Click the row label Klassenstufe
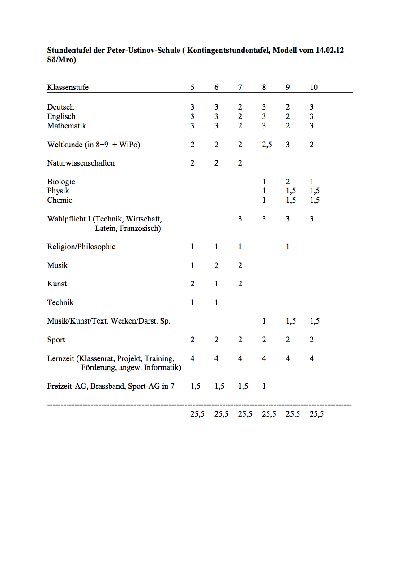tap(68, 88)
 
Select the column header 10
tap(314, 88)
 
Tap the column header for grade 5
tap(192, 88)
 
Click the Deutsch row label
tap(60, 107)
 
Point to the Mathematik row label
tap(67, 126)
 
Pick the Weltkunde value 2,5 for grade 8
tap(266, 145)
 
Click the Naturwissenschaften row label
tap(81, 163)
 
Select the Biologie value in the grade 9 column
tap(288, 182)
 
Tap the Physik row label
tap(58, 191)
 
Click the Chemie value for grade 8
tap(264, 200)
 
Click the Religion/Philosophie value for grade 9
tap(288, 247)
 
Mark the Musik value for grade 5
tap(192, 266)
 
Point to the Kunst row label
tap(57, 284)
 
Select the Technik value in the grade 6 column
tap(216, 303)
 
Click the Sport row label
tap(56, 340)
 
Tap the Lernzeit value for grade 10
tap(312, 359)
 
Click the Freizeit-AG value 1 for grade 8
tap(264, 387)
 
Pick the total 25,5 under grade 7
tap(245, 414)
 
